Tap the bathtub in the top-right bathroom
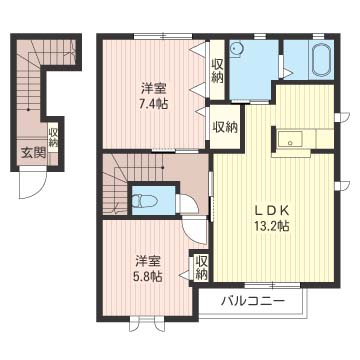point(322,60)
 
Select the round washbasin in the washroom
point(237,49)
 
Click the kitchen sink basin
point(290,139)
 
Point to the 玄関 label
point(33,153)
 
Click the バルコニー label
point(254,301)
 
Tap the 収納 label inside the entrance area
point(53,137)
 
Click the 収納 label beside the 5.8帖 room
point(201,267)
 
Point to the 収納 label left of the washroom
point(217,71)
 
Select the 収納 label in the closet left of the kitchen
point(225,128)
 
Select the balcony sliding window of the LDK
point(272,285)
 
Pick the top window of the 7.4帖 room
point(163,36)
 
